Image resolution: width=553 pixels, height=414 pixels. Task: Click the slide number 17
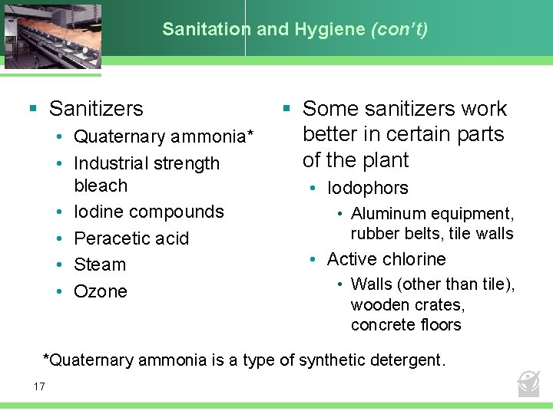tap(39, 386)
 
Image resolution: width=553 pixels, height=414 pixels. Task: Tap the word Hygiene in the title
tap(336, 30)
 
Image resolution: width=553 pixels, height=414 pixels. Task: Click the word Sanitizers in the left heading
tap(96, 109)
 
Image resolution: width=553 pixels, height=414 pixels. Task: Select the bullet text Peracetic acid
tap(131, 238)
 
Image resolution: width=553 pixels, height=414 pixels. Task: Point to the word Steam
tap(100, 264)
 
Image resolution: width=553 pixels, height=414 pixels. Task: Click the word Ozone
tap(101, 291)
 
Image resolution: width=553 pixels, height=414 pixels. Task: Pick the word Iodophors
tap(368, 188)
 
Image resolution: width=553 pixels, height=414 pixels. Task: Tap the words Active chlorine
tap(386, 259)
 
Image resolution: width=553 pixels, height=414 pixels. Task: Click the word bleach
tap(101, 186)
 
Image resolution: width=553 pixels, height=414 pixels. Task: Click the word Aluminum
tap(387, 214)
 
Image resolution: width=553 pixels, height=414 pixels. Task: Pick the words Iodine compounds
tap(149, 212)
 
